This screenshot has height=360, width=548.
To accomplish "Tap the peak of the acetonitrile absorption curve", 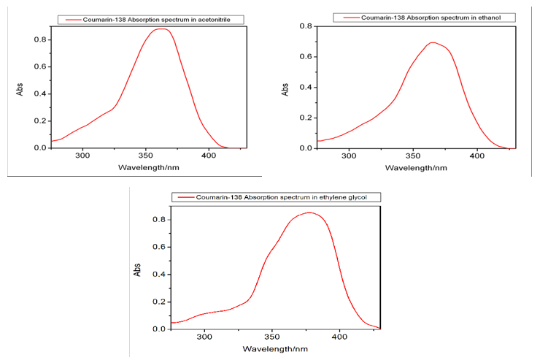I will (x=162, y=29).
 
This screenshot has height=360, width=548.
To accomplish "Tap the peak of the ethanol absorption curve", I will (x=433, y=42).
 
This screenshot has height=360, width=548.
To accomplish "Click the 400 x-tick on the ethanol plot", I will (x=477, y=156).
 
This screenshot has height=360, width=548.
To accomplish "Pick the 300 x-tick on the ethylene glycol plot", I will (x=204, y=337).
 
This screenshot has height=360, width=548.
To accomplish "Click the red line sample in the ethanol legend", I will (x=347, y=17).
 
